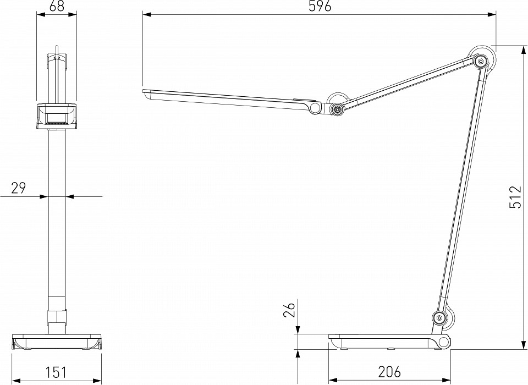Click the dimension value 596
320,6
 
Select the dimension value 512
515,197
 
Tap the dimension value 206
389,372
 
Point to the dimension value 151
56,372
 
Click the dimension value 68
56,6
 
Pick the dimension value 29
19,188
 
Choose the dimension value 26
289,310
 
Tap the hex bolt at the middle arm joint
337,108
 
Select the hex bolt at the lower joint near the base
439,317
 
